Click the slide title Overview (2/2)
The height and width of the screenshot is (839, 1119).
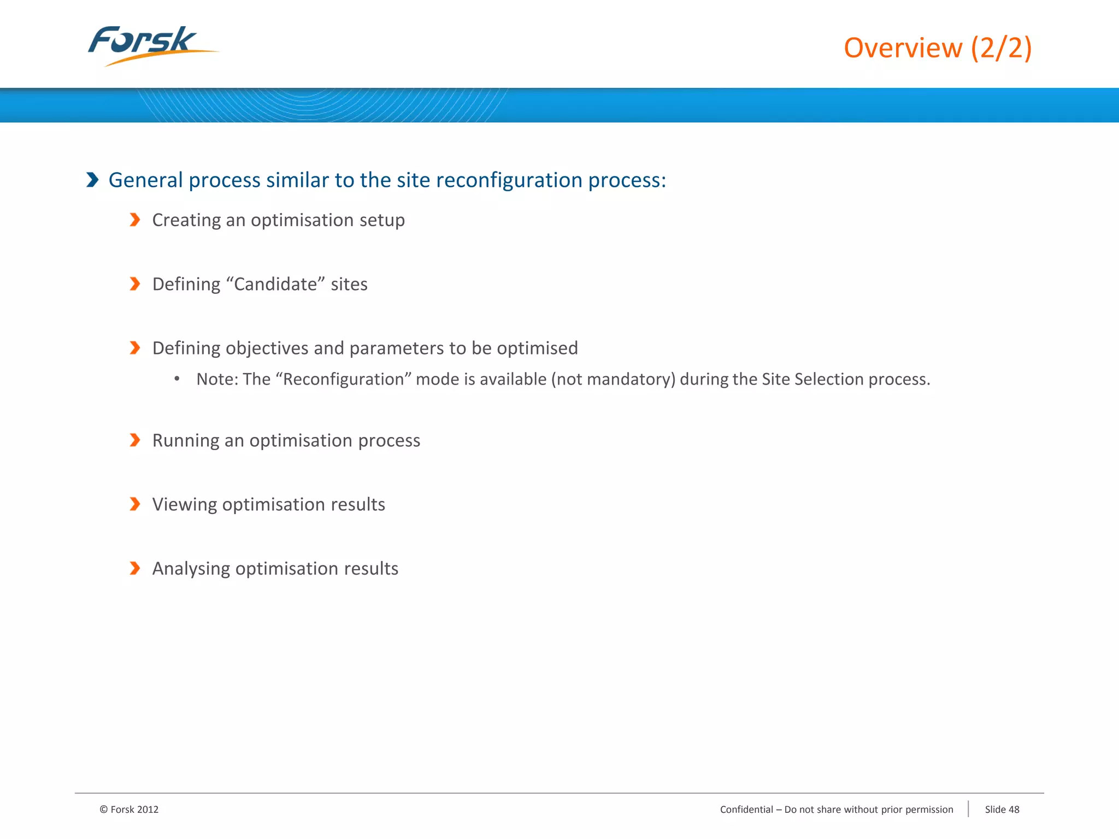coord(938,48)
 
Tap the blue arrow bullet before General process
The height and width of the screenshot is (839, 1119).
coord(92,180)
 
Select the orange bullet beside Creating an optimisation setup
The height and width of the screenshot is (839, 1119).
coord(135,220)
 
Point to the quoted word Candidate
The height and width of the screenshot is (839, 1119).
coord(275,284)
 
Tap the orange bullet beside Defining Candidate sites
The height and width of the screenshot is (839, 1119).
coord(135,284)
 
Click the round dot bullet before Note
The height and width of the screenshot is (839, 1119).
coord(177,379)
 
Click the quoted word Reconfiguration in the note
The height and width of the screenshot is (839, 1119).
coord(343,379)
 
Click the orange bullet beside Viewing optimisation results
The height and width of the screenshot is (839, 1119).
coord(135,504)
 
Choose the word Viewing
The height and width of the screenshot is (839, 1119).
coord(185,505)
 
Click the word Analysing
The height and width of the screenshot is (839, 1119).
coord(191,569)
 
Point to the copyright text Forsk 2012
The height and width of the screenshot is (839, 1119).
coord(129,810)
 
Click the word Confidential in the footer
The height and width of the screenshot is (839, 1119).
coord(746,810)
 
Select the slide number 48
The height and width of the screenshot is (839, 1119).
coord(1014,810)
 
